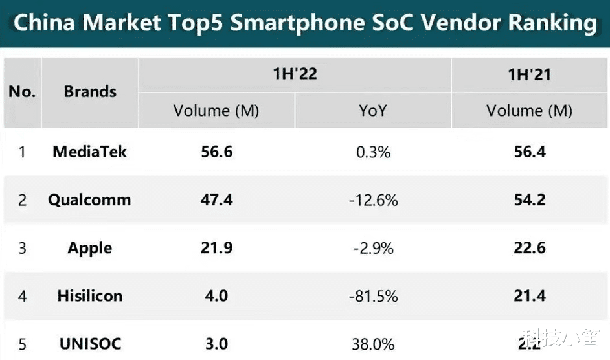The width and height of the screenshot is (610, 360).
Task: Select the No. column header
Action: pos(22,92)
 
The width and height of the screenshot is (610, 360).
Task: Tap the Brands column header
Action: pos(90,92)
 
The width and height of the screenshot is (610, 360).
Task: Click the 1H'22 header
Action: pos(295,74)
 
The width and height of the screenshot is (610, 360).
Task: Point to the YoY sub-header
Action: pos(372,111)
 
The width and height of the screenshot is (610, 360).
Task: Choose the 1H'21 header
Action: pos(529,74)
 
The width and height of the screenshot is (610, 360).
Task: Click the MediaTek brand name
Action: pos(90,152)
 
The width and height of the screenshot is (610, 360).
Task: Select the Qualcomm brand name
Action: pos(89,200)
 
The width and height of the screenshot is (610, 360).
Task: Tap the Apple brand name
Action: pos(90,248)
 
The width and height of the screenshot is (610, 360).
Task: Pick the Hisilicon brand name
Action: pos(90,296)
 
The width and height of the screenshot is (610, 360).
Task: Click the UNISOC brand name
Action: pos(90,344)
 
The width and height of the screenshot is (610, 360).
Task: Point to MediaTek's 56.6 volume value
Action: pos(216,152)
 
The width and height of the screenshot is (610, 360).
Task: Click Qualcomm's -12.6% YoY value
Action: pos(373,200)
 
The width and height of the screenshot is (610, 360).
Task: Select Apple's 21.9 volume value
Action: pos(216,248)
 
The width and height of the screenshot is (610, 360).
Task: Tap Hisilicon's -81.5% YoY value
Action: pos(373,296)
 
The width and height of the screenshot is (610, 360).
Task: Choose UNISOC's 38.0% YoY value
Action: pos(373,344)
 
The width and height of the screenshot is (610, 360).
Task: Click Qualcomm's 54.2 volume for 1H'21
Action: pos(529,200)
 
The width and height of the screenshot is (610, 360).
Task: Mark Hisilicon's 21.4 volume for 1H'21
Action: pos(529,296)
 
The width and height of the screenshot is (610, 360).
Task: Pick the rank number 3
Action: pos(22,248)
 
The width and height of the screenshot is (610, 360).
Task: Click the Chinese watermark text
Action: pos(561,339)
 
